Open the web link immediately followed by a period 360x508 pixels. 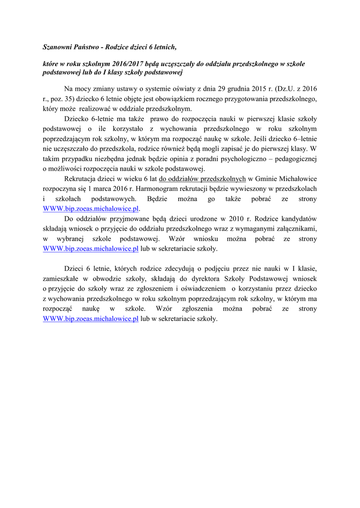tap(90, 209)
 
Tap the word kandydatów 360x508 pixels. tap(297, 219)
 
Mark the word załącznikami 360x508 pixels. tap(290, 229)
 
